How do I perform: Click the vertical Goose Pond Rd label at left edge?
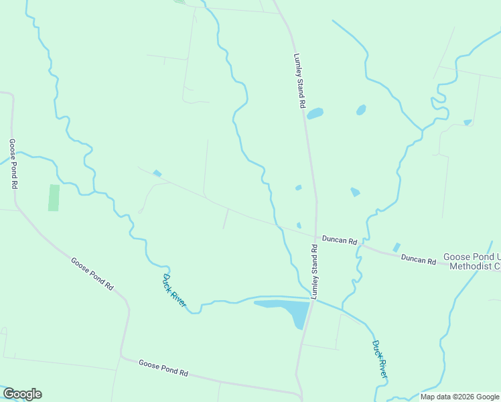point(13,164)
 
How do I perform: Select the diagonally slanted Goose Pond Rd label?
point(92,273)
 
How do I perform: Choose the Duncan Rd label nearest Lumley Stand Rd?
point(339,239)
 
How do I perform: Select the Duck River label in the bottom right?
point(379,358)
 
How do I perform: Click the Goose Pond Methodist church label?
point(472,261)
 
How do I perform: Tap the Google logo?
point(22,394)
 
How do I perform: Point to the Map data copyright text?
point(459,397)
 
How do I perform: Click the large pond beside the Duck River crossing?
point(288,309)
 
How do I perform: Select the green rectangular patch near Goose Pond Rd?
point(54,198)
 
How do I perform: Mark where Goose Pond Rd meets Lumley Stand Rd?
point(299,394)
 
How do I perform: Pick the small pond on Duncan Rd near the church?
point(396,247)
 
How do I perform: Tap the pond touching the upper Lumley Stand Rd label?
point(315,113)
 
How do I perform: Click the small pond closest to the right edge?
point(468,123)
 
